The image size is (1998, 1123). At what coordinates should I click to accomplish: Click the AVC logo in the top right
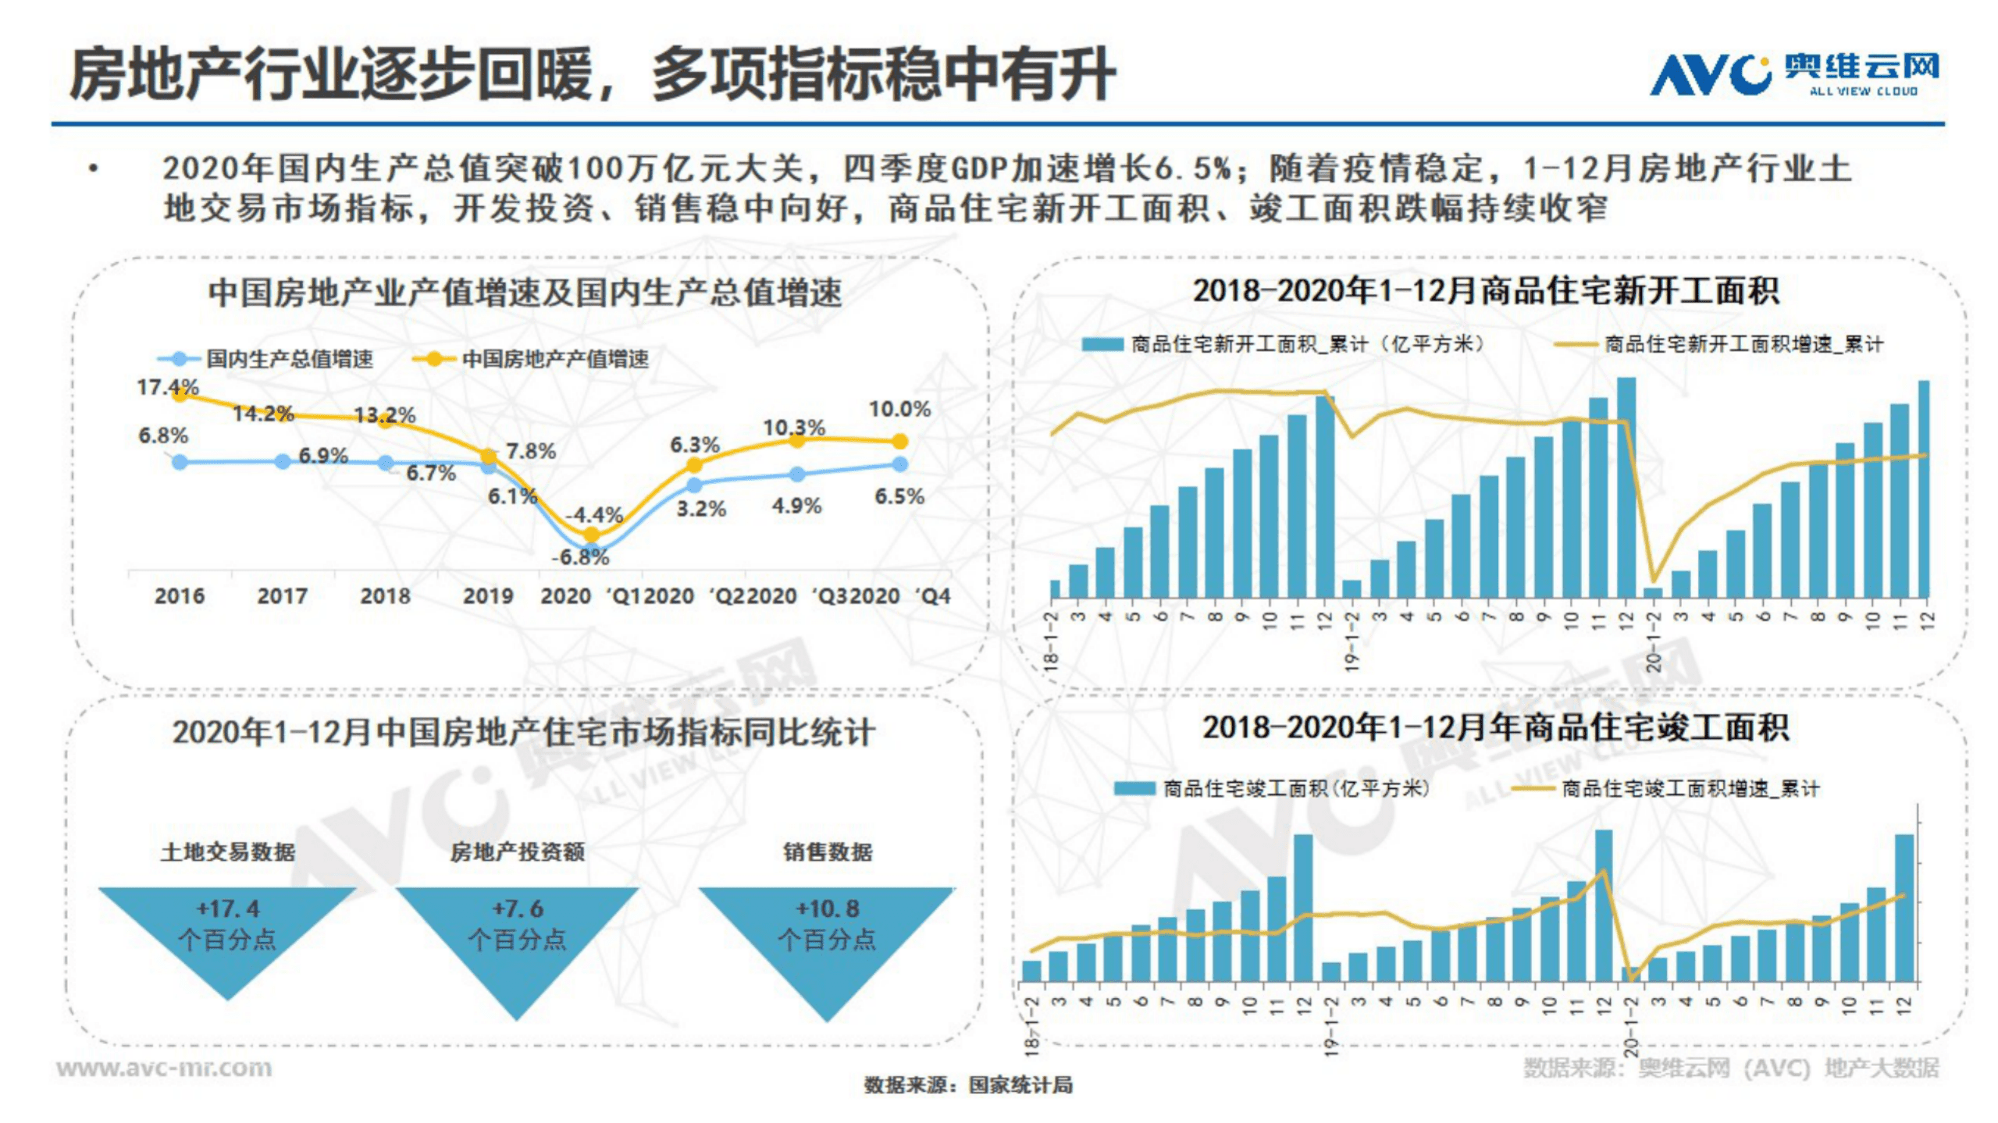1793,74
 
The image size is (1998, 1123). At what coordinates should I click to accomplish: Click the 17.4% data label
168,386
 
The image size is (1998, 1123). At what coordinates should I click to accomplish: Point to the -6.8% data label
579,556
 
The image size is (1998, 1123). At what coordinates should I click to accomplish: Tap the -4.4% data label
594,515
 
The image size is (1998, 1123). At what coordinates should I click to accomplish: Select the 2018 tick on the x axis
385,596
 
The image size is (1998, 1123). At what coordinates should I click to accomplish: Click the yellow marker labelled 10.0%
899,442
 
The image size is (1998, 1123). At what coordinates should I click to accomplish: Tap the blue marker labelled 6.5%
899,464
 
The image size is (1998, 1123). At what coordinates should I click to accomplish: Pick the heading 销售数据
828,851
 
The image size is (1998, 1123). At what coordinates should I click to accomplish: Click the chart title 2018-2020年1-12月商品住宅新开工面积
1485,291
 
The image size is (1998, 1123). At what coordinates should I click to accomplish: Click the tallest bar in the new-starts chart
1626,488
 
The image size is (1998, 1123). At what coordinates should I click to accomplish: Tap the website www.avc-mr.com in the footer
165,1067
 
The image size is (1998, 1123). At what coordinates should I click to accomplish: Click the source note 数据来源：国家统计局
968,1085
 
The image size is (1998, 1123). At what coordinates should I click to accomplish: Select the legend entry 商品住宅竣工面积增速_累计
1690,789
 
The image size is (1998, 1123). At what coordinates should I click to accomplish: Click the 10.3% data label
794,427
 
